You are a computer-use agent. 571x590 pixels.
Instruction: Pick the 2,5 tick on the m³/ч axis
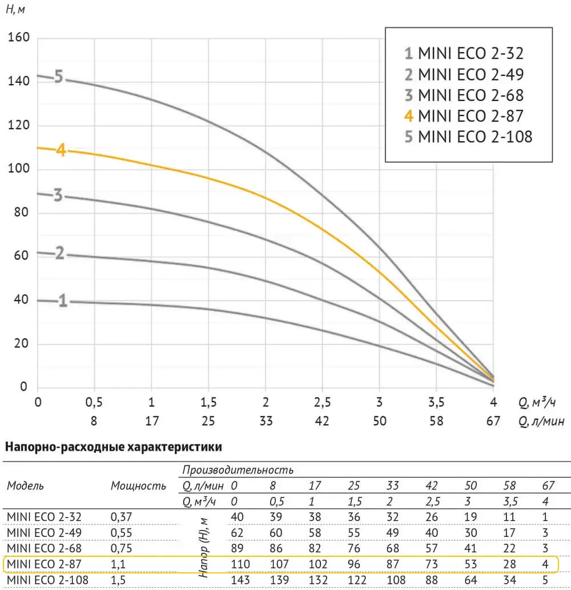click(322, 402)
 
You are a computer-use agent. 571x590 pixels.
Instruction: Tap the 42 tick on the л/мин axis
click(322, 422)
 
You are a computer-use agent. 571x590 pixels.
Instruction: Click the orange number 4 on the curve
click(61, 151)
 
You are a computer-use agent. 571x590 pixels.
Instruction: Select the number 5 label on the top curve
click(58, 77)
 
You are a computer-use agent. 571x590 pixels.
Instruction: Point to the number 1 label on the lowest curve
click(63, 301)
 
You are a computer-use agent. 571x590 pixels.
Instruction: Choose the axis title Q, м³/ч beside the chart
click(537, 403)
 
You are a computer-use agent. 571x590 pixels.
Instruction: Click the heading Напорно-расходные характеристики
click(113, 446)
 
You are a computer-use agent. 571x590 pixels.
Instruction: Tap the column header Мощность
click(138, 486)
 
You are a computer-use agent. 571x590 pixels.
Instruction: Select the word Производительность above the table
click(238, 471)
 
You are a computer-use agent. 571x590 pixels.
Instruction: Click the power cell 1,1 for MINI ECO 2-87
click(118, 564)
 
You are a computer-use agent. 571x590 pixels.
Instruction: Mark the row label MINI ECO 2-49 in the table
click(45, 532)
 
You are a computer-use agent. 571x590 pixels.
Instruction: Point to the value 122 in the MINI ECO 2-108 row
click(354, 580)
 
